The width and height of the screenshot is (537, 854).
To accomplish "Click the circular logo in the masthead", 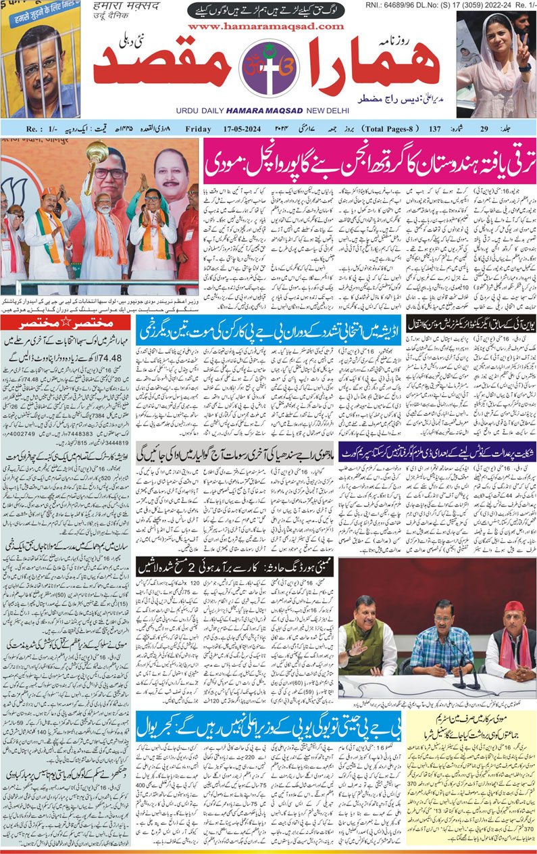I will [x=269, y=68].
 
